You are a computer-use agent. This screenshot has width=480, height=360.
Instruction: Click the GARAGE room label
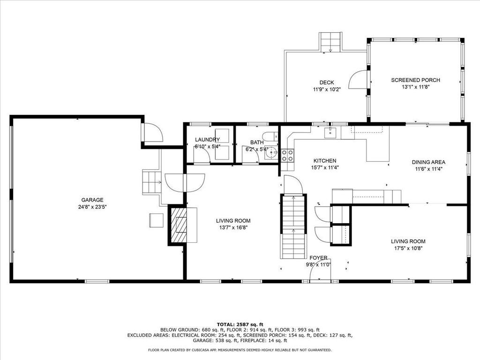point(92,200)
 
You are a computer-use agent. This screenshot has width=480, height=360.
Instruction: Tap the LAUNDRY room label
point(207,140)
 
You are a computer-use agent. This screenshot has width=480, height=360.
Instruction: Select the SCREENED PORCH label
point(415,80)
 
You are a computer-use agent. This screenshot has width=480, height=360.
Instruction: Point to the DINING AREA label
point(428,162)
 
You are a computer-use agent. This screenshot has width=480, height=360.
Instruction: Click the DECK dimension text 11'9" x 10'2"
point(327,90)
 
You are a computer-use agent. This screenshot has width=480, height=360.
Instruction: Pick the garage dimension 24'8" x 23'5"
point(92,207)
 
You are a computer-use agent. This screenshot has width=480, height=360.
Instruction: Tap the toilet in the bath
point(270,135)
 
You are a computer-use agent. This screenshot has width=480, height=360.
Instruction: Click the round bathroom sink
point(271,153)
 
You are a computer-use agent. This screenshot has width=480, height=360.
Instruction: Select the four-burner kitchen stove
point(287,155)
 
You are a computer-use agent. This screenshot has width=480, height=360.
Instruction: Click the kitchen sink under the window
point(330,133)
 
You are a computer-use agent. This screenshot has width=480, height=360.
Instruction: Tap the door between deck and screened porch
point(359,80)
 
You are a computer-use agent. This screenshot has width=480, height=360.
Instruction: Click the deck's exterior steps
point(330,42)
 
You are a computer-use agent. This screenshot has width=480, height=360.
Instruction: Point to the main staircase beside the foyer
point(293,226)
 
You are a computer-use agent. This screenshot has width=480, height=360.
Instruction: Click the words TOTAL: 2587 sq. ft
point(240,324)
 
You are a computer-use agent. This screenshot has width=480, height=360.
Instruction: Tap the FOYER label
point(318,258)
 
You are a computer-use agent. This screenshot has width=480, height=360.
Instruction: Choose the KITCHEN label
point(325,161)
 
